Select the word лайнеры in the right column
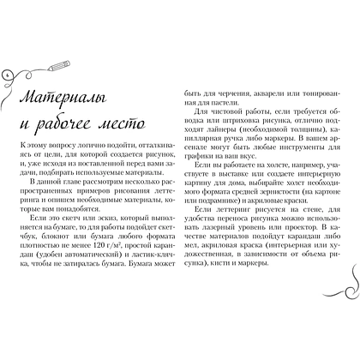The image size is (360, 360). pos(224,130)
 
